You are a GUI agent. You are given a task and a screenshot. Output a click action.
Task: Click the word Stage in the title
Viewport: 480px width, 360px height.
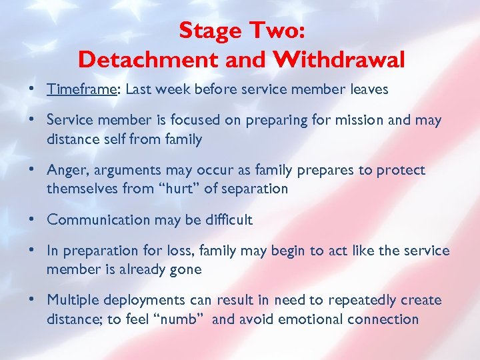(210, 31)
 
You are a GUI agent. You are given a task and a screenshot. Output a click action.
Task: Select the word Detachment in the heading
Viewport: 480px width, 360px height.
(142, 60)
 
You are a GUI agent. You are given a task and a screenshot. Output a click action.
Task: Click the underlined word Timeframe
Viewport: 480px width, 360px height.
(79, 89)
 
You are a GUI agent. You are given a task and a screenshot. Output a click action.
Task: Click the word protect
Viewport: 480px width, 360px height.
(400, 171)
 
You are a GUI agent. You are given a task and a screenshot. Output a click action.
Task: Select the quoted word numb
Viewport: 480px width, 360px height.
(182, 319)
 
